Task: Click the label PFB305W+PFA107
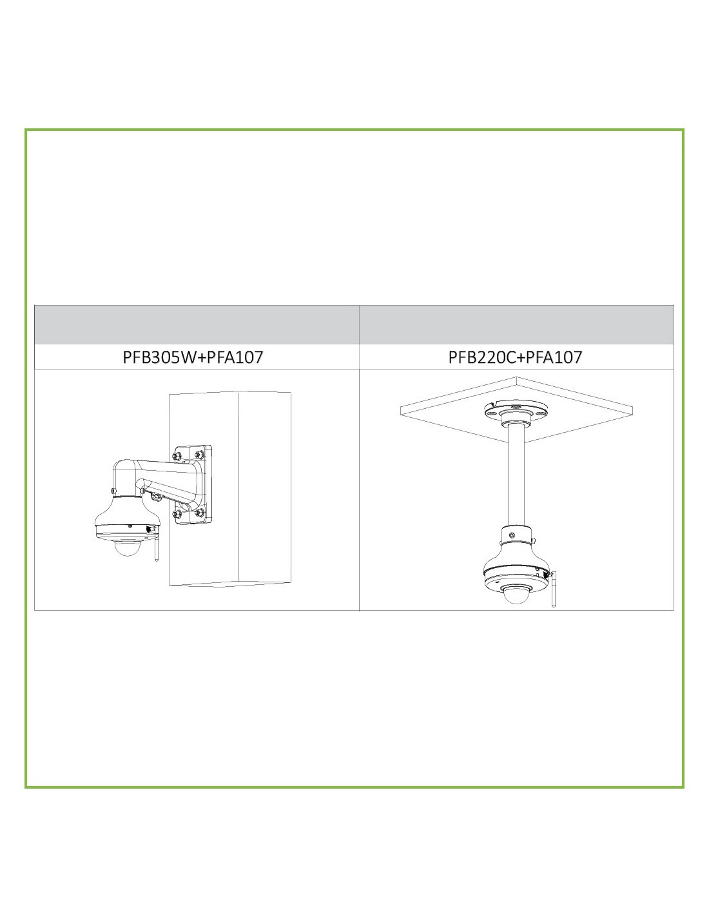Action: point(193,357)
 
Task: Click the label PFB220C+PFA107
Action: point(515,357)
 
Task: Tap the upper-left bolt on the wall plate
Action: point(177,456)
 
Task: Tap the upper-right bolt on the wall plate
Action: point(199,454)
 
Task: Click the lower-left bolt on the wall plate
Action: point(177,514)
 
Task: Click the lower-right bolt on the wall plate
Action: point(199,513)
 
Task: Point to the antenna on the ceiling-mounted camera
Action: point(554,589)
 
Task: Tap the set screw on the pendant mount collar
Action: point(512,535)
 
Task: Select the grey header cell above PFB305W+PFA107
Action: point(197,324)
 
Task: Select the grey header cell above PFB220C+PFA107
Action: point(516,324)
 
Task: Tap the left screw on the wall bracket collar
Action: point(113,490)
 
